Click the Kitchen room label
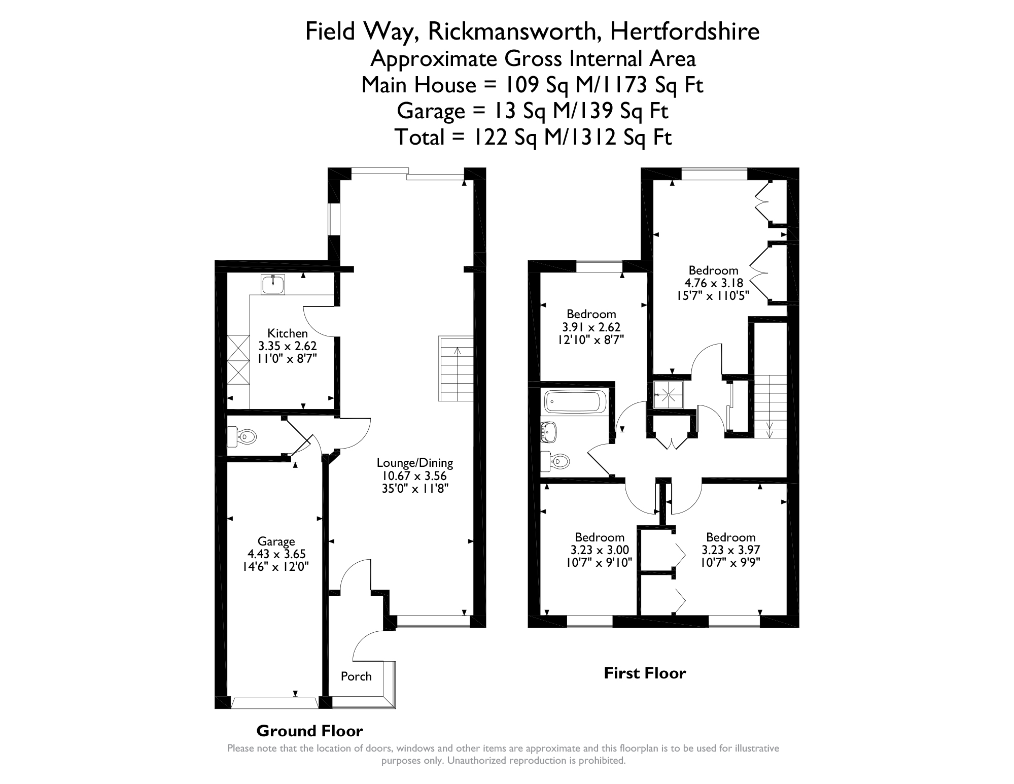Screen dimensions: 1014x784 pos(288,333)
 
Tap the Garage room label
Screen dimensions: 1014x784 pos(276,541)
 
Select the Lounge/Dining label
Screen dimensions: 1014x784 pos(414,463)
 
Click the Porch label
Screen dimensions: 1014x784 pos(356,676)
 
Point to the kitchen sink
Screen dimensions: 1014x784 pos(273,284)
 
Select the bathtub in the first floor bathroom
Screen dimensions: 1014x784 pos(575,401)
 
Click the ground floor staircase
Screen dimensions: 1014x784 pos(456,368)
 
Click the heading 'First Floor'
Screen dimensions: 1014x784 pos(645,673)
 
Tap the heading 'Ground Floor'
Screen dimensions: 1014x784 pos(309,731)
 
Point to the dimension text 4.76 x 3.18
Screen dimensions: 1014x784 pos(714,283)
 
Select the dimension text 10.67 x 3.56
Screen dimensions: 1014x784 pos(414,476)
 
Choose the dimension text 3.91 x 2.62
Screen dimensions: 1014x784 pos(591,327)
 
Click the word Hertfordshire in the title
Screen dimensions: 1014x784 pos(685,31)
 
